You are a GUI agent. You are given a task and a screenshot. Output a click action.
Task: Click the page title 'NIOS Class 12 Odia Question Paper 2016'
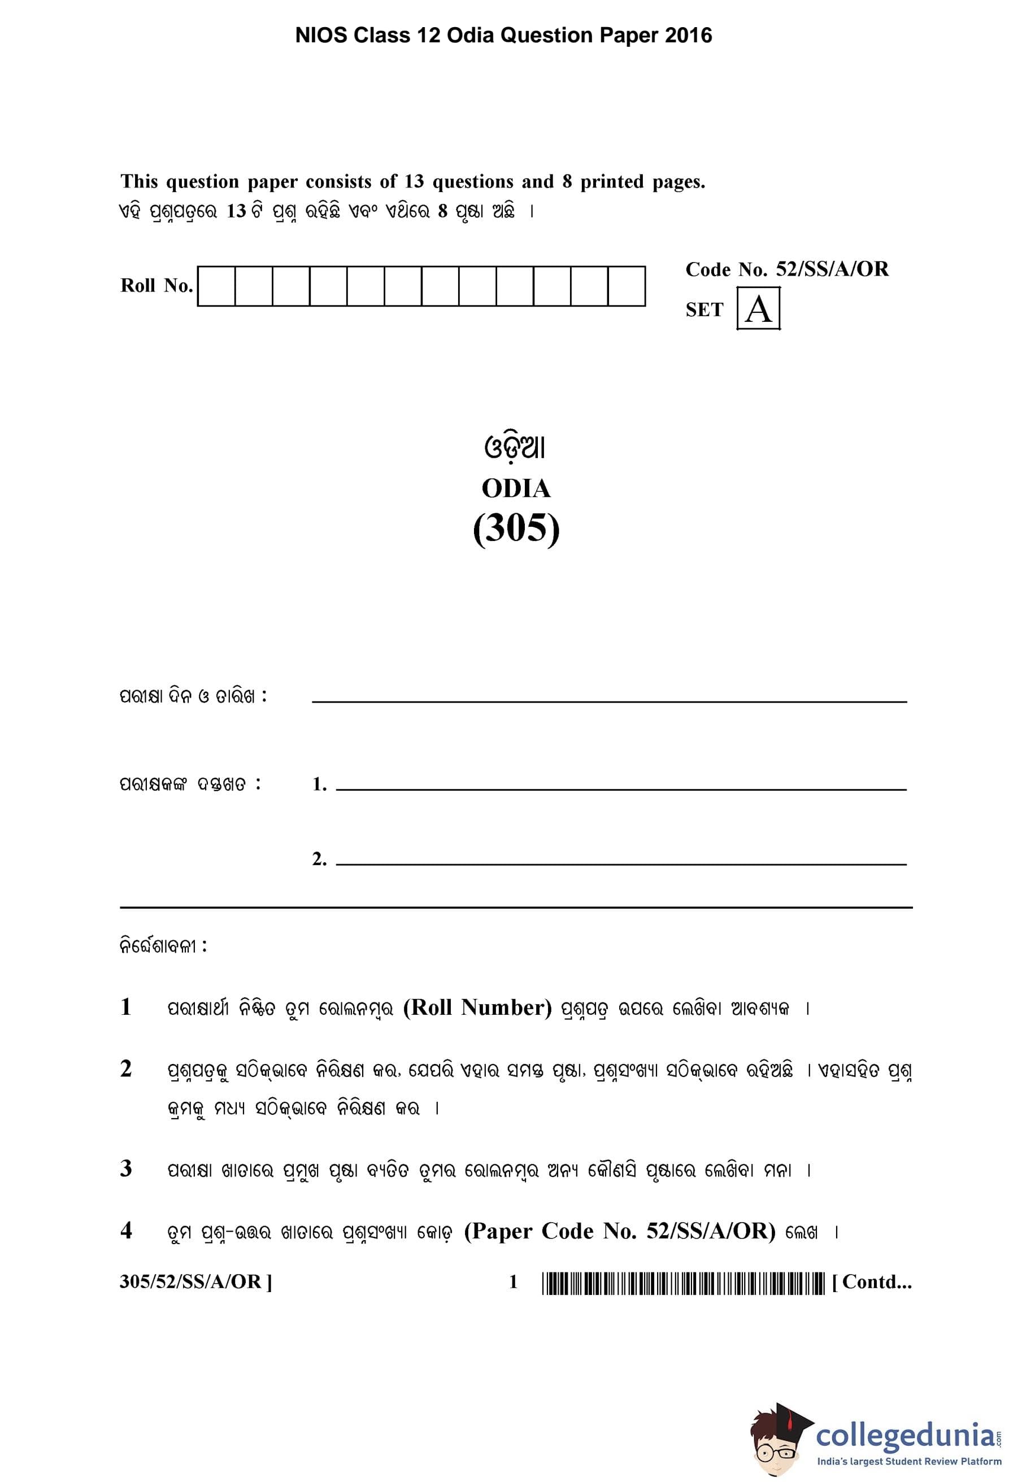click(503, 35)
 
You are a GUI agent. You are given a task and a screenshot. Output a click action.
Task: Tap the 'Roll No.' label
click(156, 285)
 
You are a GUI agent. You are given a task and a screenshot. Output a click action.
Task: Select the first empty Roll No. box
click(216, 286)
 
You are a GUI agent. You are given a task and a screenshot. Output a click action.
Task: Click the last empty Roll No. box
click(626, 286)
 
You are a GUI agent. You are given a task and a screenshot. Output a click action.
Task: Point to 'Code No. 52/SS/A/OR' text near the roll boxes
click(786, 269)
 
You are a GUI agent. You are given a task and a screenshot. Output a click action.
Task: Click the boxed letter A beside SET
click(758, 309)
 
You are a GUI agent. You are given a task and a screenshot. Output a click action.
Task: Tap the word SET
click(704, 310)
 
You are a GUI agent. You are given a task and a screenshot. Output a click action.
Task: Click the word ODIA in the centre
click(516, 489)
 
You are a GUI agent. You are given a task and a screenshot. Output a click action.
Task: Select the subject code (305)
click(516, 529)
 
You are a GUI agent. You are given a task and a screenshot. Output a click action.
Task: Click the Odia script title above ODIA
click(515, 447)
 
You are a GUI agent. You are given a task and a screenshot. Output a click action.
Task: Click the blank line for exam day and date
click(609, 700)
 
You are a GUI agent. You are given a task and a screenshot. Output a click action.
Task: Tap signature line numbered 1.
click(620, 788)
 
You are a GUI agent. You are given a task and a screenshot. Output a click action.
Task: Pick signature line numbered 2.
click(620, 863)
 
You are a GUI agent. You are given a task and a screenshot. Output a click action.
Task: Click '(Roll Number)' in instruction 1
click(477, 1007)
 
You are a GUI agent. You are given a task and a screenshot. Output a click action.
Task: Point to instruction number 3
click(126, 1168)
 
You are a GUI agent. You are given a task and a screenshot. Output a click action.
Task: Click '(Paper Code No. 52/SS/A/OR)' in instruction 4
click(619, 1231)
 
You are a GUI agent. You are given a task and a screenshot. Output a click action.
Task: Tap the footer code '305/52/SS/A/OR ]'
click(195, 1282)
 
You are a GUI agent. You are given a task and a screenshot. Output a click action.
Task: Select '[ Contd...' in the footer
click(872, 1282)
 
